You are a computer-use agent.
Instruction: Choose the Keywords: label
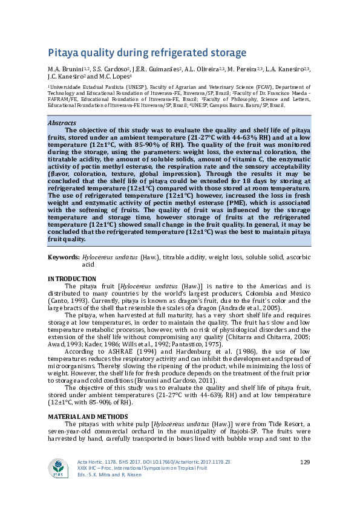[x=63, y=258]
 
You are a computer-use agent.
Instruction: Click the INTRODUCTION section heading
[x=71, y=278]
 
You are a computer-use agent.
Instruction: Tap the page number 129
[x=305, y=462]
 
